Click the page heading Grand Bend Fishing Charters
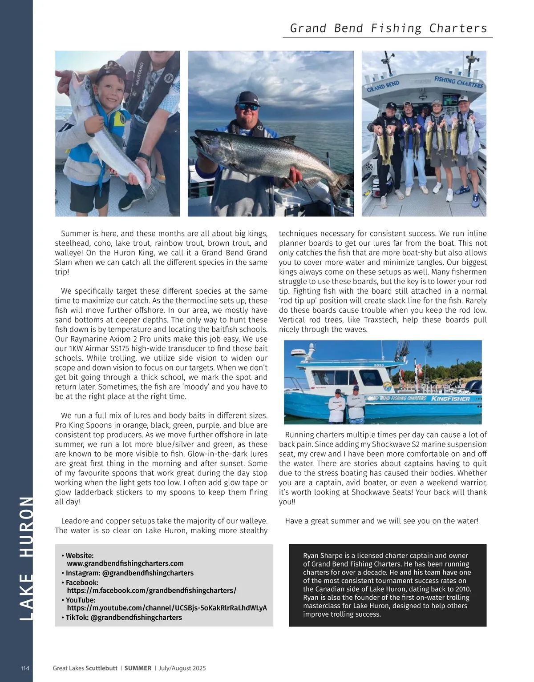(x=388, y=28)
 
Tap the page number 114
(x=25, y=668)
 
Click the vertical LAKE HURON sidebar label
(x=26, y=558)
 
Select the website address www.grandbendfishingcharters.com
(x=125, y=563)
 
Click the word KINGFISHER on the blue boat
(x=449, y=399)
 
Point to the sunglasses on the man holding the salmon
(x=247, y=107)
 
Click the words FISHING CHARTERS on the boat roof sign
(x=458, y=82)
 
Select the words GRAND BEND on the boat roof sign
(x=383, y=86)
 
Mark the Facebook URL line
(x=151, y=590)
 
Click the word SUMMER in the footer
(x=138, y=668)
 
